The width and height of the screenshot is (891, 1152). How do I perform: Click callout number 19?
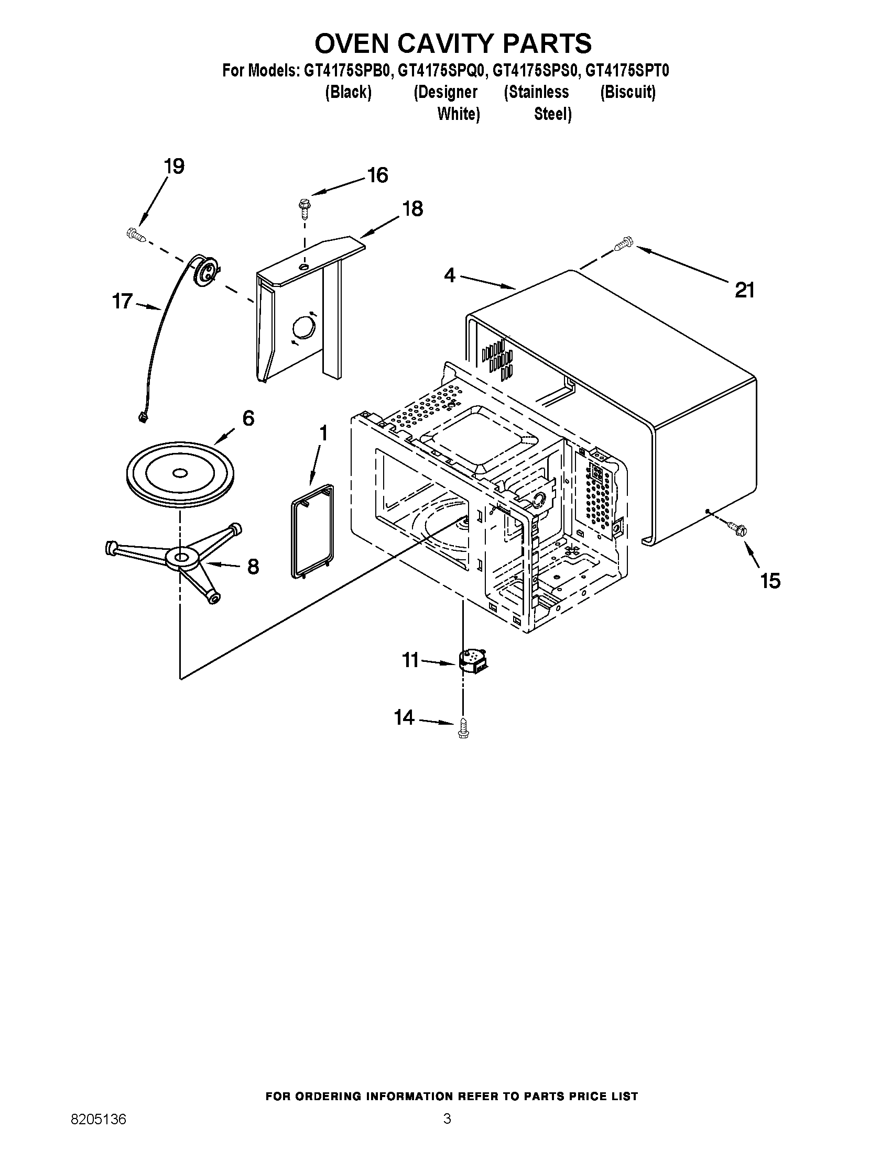click(173, 167)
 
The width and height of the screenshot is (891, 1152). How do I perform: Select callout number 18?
click(412, 209)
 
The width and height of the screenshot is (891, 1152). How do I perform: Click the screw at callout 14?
click(463, 728)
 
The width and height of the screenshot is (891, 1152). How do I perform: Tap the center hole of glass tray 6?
click(179, 473)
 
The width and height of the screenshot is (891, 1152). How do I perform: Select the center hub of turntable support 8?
click(180, 558)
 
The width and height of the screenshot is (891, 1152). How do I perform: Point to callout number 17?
click(122, 302)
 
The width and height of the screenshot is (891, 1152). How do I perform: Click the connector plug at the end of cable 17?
click(142, 418)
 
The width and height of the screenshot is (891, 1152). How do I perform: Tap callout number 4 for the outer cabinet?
click(449, 275)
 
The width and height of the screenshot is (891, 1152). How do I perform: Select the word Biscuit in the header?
click(627, 92)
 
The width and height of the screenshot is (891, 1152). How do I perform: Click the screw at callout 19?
click(136, 235)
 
